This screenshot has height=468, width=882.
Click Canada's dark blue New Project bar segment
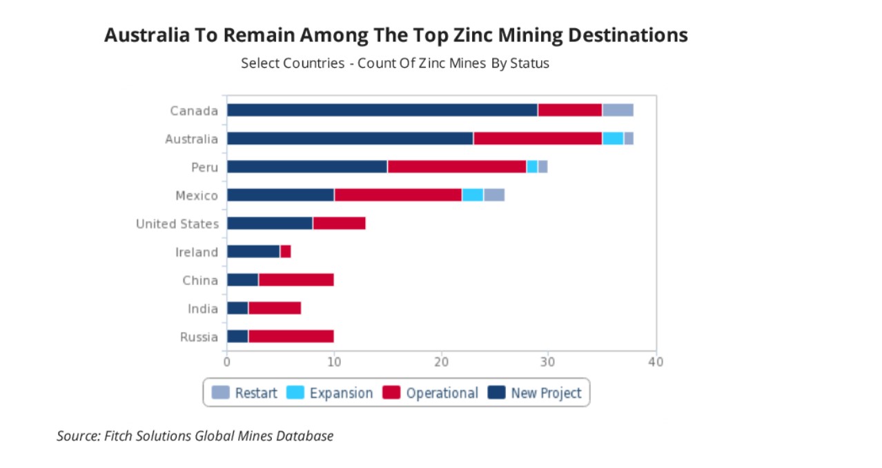tap(382, 110)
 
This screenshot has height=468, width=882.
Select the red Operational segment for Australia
tap(538, 139)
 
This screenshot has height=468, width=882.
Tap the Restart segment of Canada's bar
tap(618, 110)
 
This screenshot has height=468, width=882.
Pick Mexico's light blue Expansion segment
tap(473, 195)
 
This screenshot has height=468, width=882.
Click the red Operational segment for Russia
tap(291, 337)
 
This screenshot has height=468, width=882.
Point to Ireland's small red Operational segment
tap(286, 252)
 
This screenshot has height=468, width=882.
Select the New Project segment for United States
tap(269, 224)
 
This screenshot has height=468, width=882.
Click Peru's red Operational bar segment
tap(457, 167)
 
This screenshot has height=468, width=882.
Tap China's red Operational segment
tap(296, 280)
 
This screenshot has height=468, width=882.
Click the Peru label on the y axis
tap(204, 167)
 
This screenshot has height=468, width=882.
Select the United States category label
tap(177, 224)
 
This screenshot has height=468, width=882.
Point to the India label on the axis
tap(203, 309)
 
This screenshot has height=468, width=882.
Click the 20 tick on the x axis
tap(441, 362)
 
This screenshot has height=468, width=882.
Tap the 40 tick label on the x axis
tap(656, 362)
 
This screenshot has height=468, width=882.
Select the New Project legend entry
tap(536, 393)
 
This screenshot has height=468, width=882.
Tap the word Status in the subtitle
tap(529, 64)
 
